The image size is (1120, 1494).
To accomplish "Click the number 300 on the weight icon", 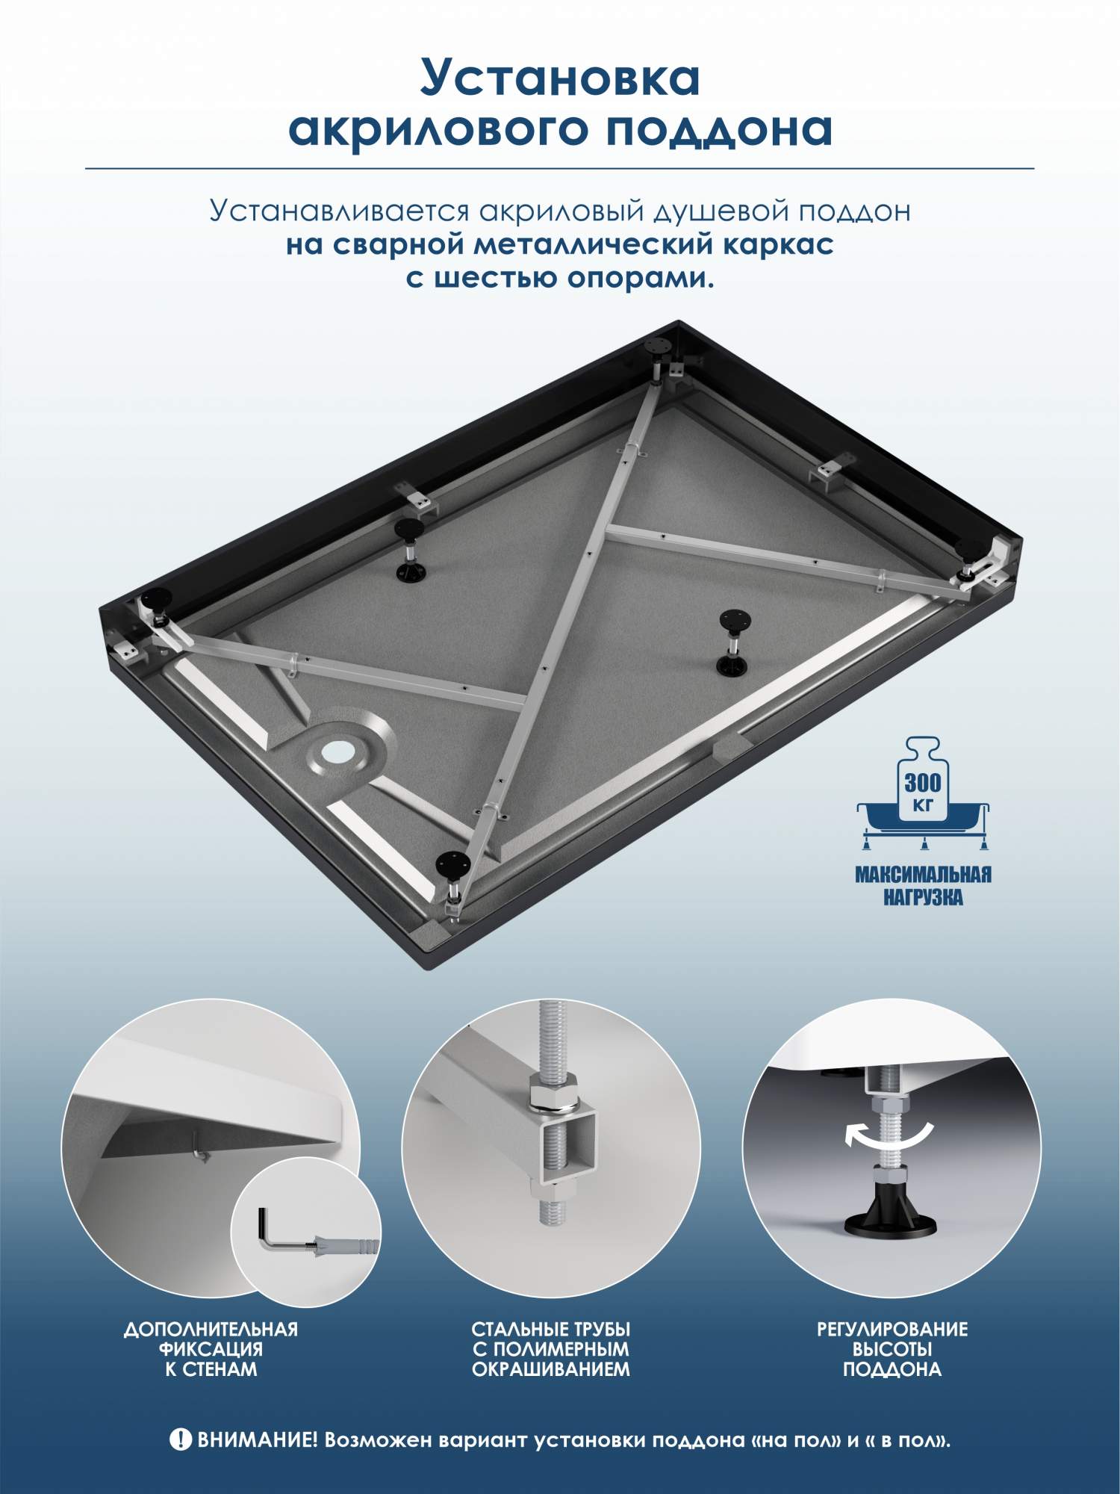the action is [x=924, y=783].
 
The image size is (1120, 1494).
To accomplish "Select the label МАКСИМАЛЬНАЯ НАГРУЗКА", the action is [x=923, y=885].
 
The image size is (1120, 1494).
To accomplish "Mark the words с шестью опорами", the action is [x=560, y=278].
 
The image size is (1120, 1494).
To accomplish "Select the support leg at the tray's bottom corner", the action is [x=453, y=878].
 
